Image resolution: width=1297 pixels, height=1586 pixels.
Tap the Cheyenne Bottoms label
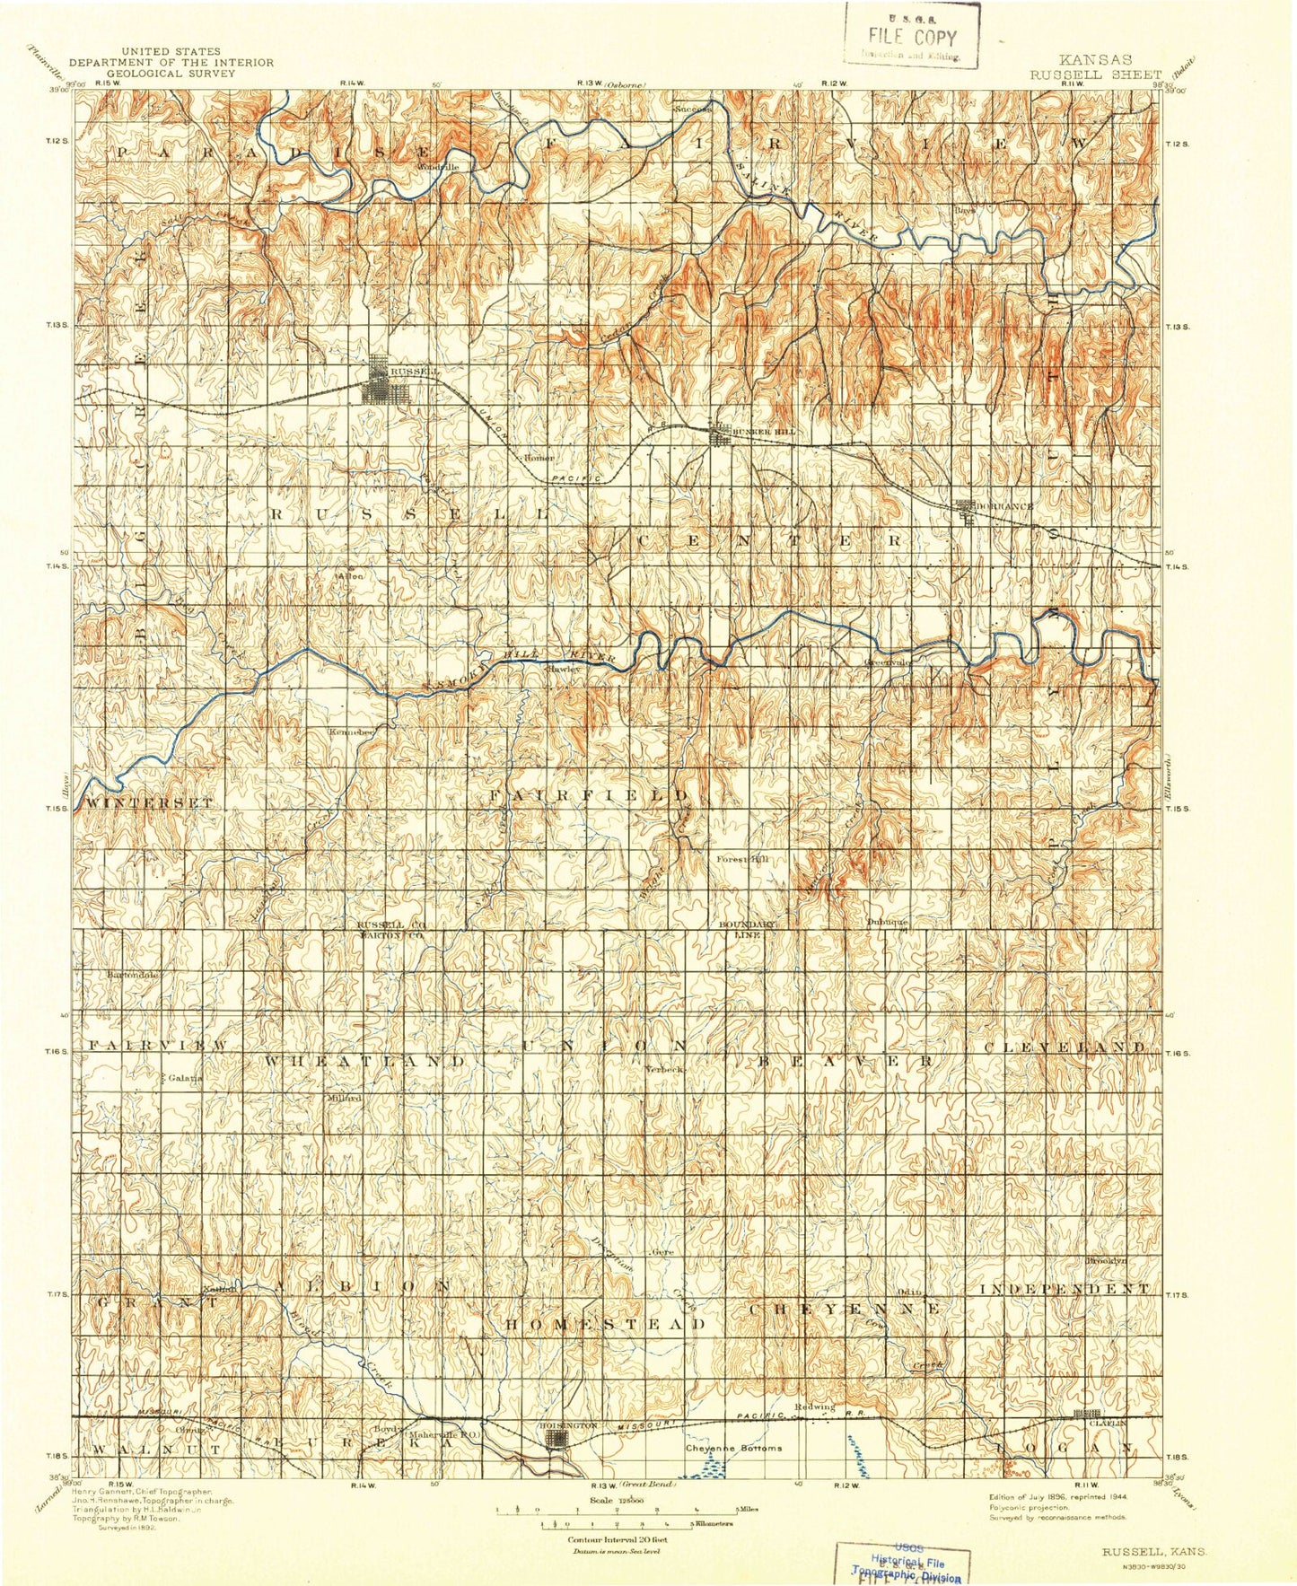(x=733, y=1448)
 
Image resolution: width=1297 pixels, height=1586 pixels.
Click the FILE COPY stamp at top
(x=912, y=38)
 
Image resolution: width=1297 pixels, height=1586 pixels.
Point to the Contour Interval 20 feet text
(x=616, y=1539)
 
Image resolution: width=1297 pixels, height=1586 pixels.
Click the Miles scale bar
(x=618, y=1510)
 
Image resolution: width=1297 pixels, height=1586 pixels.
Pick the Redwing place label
(x=814, y=1406)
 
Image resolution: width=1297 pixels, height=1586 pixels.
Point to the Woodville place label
(x=438, y=166)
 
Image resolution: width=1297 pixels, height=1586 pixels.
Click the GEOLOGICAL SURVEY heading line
(x=171, y=74)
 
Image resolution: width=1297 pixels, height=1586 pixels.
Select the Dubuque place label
(x=888, y=922)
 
